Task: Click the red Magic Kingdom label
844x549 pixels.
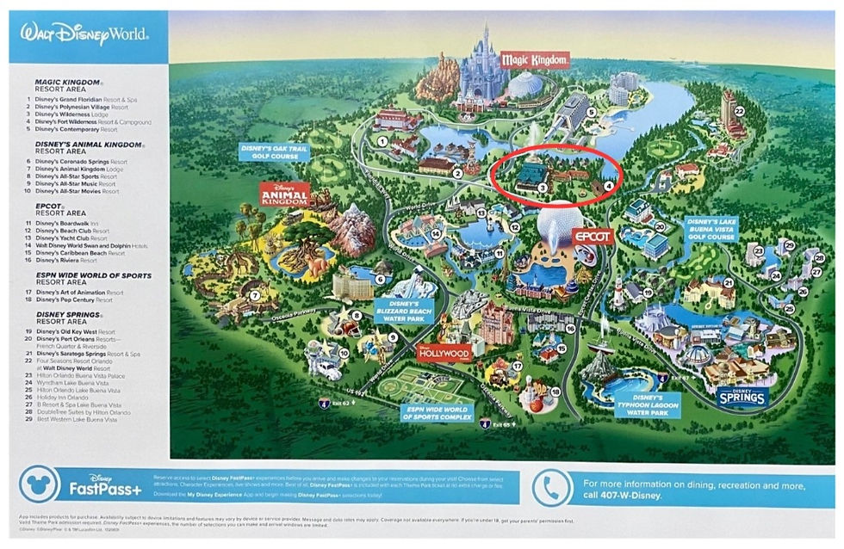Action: (535, 59)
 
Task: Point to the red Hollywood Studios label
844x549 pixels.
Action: (446, 353)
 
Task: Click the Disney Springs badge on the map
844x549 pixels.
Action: (742, 396)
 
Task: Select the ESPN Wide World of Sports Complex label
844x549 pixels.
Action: (437, 412)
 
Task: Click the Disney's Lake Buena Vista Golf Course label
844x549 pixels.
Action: (715, 233)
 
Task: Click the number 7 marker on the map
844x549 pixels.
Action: (254, 295)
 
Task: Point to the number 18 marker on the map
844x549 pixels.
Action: (555, 392)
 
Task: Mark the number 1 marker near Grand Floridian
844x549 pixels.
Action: (381, 141)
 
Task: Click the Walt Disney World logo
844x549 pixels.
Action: (84, 35)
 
